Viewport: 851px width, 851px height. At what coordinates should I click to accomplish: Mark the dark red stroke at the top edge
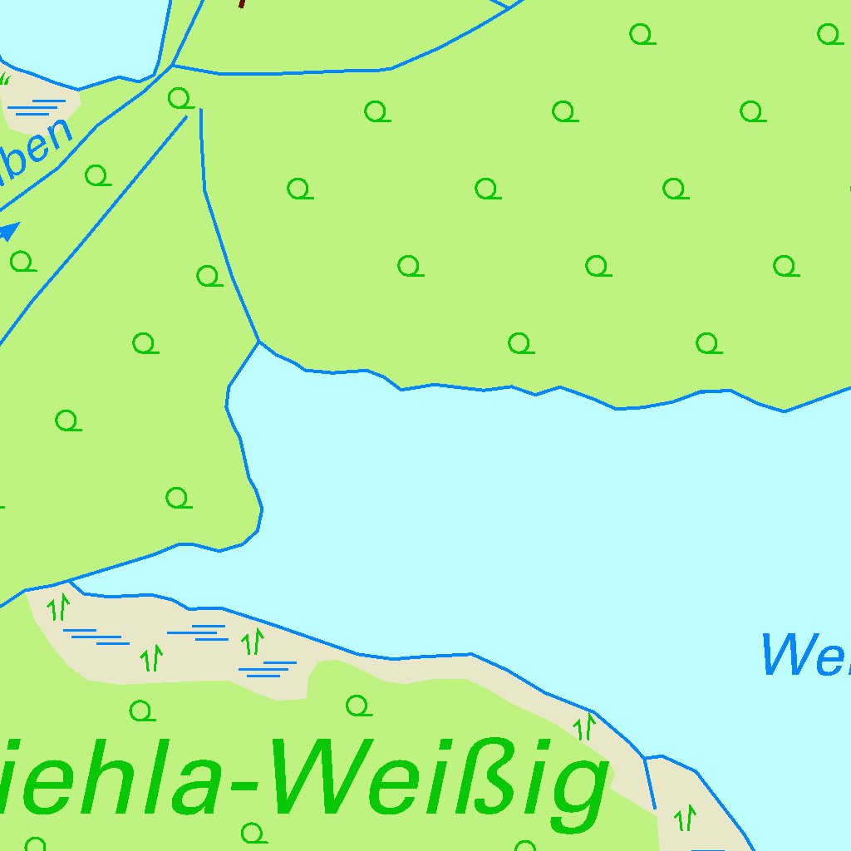242,3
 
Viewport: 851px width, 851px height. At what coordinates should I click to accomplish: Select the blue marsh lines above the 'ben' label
38,106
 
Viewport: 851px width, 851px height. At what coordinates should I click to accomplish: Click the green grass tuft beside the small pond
5,79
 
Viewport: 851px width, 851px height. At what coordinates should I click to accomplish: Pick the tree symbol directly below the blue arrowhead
22,262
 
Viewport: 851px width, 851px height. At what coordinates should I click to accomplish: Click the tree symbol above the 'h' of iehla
142,711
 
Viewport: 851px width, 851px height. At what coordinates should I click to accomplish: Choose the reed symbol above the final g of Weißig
585,726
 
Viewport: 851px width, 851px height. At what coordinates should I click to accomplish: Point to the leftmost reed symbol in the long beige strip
58,608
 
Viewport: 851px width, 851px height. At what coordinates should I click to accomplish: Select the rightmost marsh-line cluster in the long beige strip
267,668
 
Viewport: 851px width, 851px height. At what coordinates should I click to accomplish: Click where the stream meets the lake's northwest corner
259,342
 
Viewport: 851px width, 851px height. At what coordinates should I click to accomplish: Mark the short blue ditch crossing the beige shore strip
650,781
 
